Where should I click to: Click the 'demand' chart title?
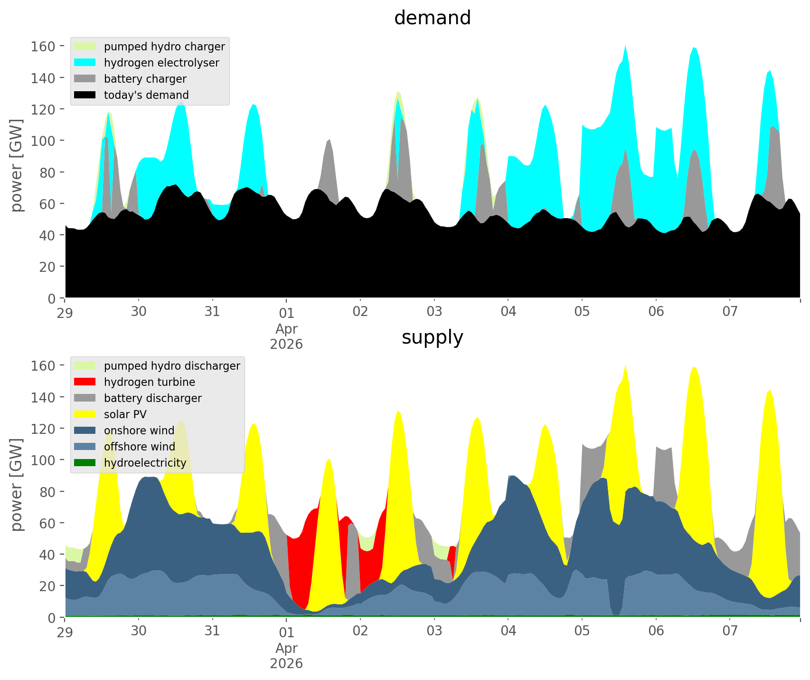click(x=432, y=18)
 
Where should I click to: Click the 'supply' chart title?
click(x=432, y=337)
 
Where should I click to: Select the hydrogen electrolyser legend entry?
click(x=161, y=63)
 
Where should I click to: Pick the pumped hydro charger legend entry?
click(x=164, y=47)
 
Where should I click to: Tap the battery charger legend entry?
click(x=145, y=79)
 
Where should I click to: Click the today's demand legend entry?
click(x=146, y=95)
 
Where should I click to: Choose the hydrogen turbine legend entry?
click(x=149, y=382)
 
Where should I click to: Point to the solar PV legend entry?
click(x=125, y=414)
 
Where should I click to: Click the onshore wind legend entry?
click(x=139, y=431)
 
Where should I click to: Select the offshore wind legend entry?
click(x=139, y=447)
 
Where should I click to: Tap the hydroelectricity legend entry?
click(x=145, y=463)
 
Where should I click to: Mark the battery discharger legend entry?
click(x=152, y=398)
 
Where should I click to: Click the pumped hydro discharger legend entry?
click(x=172, y=366)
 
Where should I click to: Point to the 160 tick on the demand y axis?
click(x=43, y=46)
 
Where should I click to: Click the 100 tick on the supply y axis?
click(x=43, y=460)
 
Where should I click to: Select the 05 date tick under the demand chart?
click(x=582, y=312)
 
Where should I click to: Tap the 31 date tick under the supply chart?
click(x=212, y=632)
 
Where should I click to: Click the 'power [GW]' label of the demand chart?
click(x=16, y=165)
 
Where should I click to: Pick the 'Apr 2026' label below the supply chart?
click(x=286, y=655)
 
